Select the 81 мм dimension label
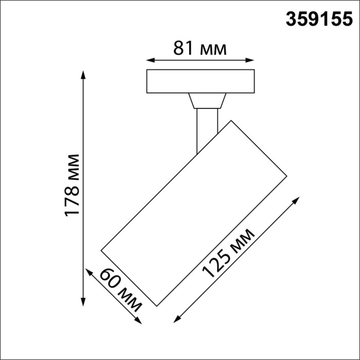tap(200, 49)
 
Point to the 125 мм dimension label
tap(228, 254)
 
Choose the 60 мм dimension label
tap(121, 290)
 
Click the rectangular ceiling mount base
tap(201, 81)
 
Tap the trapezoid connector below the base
tap(207, 101)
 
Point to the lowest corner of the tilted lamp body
tap(156, 305)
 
